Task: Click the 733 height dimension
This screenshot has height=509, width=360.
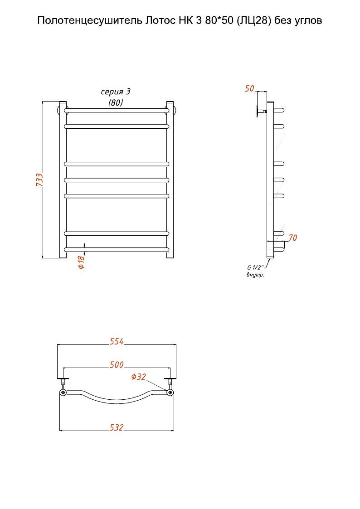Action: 39,179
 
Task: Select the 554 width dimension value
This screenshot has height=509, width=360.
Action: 117,341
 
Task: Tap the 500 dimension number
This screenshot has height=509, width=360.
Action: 117,364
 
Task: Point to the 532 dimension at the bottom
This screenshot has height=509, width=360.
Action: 117,427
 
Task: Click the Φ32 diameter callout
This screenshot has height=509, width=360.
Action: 139,377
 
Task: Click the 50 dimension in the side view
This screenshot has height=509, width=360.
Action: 249,88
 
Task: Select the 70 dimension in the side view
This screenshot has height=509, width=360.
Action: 293,238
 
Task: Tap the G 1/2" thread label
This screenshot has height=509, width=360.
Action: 255,268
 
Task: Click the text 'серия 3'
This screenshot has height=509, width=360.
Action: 116,92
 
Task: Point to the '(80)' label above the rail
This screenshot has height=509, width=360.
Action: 116,102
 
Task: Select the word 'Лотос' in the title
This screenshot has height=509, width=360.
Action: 160,20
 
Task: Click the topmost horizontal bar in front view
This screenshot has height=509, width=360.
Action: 117,111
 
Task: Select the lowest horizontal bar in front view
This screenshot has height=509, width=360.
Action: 117,250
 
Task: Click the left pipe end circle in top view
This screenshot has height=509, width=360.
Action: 63,393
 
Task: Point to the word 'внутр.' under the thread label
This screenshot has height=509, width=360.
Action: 255,275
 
